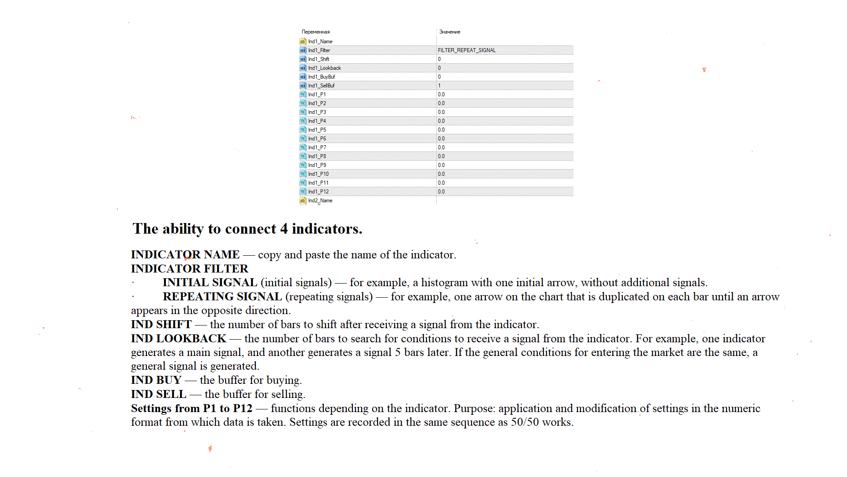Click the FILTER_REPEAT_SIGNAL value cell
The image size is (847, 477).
[x=467, y=50]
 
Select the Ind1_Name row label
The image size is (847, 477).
[x=320, y=42]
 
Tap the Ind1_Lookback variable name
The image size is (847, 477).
[x=324, y=68]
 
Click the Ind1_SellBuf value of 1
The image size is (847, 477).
[x=439, y=86]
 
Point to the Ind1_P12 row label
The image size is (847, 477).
[x=318, y=192]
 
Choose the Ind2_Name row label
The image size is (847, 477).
[x=320, y=201]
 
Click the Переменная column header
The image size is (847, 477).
[x=315, y=32]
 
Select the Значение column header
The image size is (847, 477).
[x=450, y=32]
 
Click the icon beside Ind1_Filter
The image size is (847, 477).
[x=303, y=50]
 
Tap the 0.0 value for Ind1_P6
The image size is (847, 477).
[x=441, y=139]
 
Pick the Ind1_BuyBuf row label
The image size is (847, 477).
[x=321, y=77]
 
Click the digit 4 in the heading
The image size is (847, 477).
[x=284, y=229]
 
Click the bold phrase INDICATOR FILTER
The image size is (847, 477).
[x=189, y=269]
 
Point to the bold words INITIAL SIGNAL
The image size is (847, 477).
[x=210, y=283]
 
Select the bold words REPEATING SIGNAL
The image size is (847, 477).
[x=222, y=297]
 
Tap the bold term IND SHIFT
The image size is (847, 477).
[x=161, y=325]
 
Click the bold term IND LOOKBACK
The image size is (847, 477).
[x=178, y=339]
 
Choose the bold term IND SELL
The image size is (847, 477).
[x=158, y=394]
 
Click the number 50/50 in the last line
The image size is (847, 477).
[x=525, y=422]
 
